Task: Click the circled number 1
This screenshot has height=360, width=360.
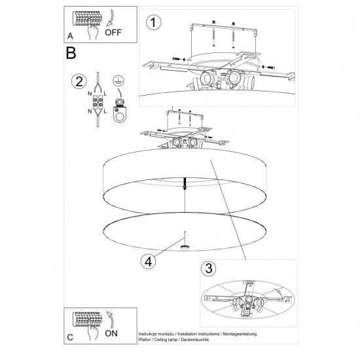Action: click(x=154, y=23)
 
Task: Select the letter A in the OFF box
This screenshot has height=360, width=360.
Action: click(x=70, y=35)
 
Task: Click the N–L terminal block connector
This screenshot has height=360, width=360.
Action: click(x=99, y=102)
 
